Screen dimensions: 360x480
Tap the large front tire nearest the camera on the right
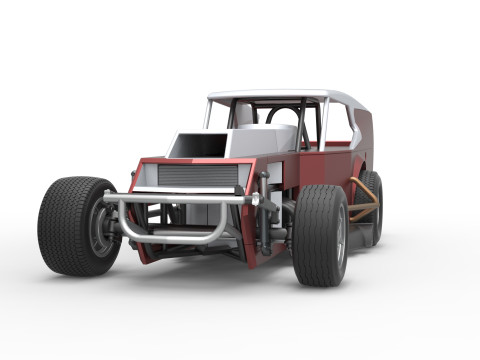[318, 235]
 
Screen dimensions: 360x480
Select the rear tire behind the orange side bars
[372, 205]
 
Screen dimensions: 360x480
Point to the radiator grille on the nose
[198, 176]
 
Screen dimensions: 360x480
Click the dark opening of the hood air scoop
[190, 146]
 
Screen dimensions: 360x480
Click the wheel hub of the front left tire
[101, 229]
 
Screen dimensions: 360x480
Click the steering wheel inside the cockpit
[282, 117]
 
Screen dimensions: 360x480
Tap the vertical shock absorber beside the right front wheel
[264, 215]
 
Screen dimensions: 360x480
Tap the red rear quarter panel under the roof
[363, 135]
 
